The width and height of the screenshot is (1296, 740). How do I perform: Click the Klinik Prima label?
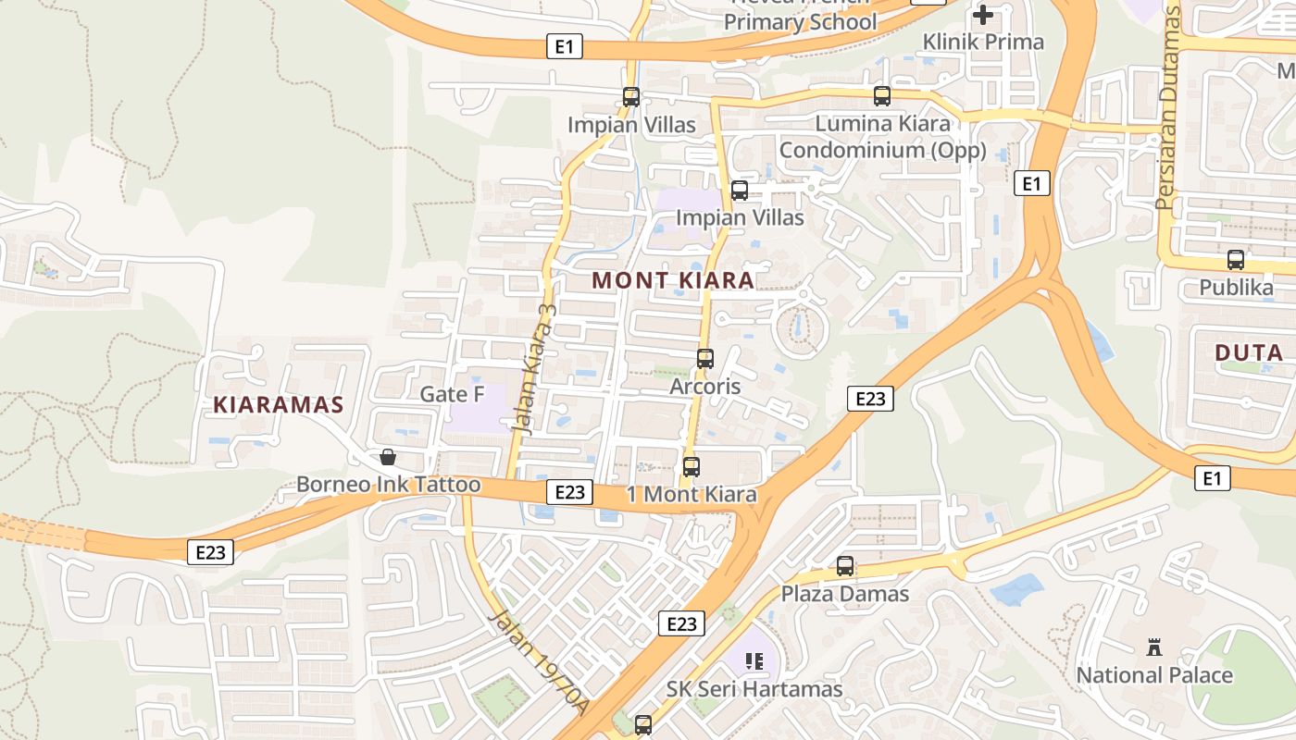pos(983,42)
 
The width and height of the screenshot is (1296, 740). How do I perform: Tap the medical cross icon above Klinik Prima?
pos(983,15)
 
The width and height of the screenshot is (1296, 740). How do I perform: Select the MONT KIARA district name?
pos(673,279)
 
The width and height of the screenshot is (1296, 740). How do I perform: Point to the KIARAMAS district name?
pos(279,404)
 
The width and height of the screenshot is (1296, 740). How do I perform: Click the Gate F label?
pos(453,394)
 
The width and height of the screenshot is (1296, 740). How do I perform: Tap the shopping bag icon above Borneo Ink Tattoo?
pos(388,457)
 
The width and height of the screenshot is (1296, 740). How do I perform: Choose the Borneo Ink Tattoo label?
pos(389,485)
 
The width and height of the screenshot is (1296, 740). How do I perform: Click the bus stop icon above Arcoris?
pos(705,358)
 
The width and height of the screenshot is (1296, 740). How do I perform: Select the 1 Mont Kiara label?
pos(692,494)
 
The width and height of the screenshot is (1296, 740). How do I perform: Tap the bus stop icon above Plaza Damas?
pos(845,566)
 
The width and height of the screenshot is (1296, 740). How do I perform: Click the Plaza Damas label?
pos(845,593)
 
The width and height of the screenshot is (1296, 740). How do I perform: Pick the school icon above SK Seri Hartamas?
pos(754,661)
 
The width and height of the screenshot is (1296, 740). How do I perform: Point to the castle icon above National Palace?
pos(1153,647)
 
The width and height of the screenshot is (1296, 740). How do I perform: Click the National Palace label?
pos(1153,675)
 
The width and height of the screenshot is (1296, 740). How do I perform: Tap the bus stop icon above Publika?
pos(1236,260)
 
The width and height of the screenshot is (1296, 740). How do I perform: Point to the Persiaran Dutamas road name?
pos(1169,107)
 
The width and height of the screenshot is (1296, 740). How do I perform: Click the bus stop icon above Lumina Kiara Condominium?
pos(882,95)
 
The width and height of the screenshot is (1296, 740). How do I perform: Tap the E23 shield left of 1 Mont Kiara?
pos(569,492)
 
